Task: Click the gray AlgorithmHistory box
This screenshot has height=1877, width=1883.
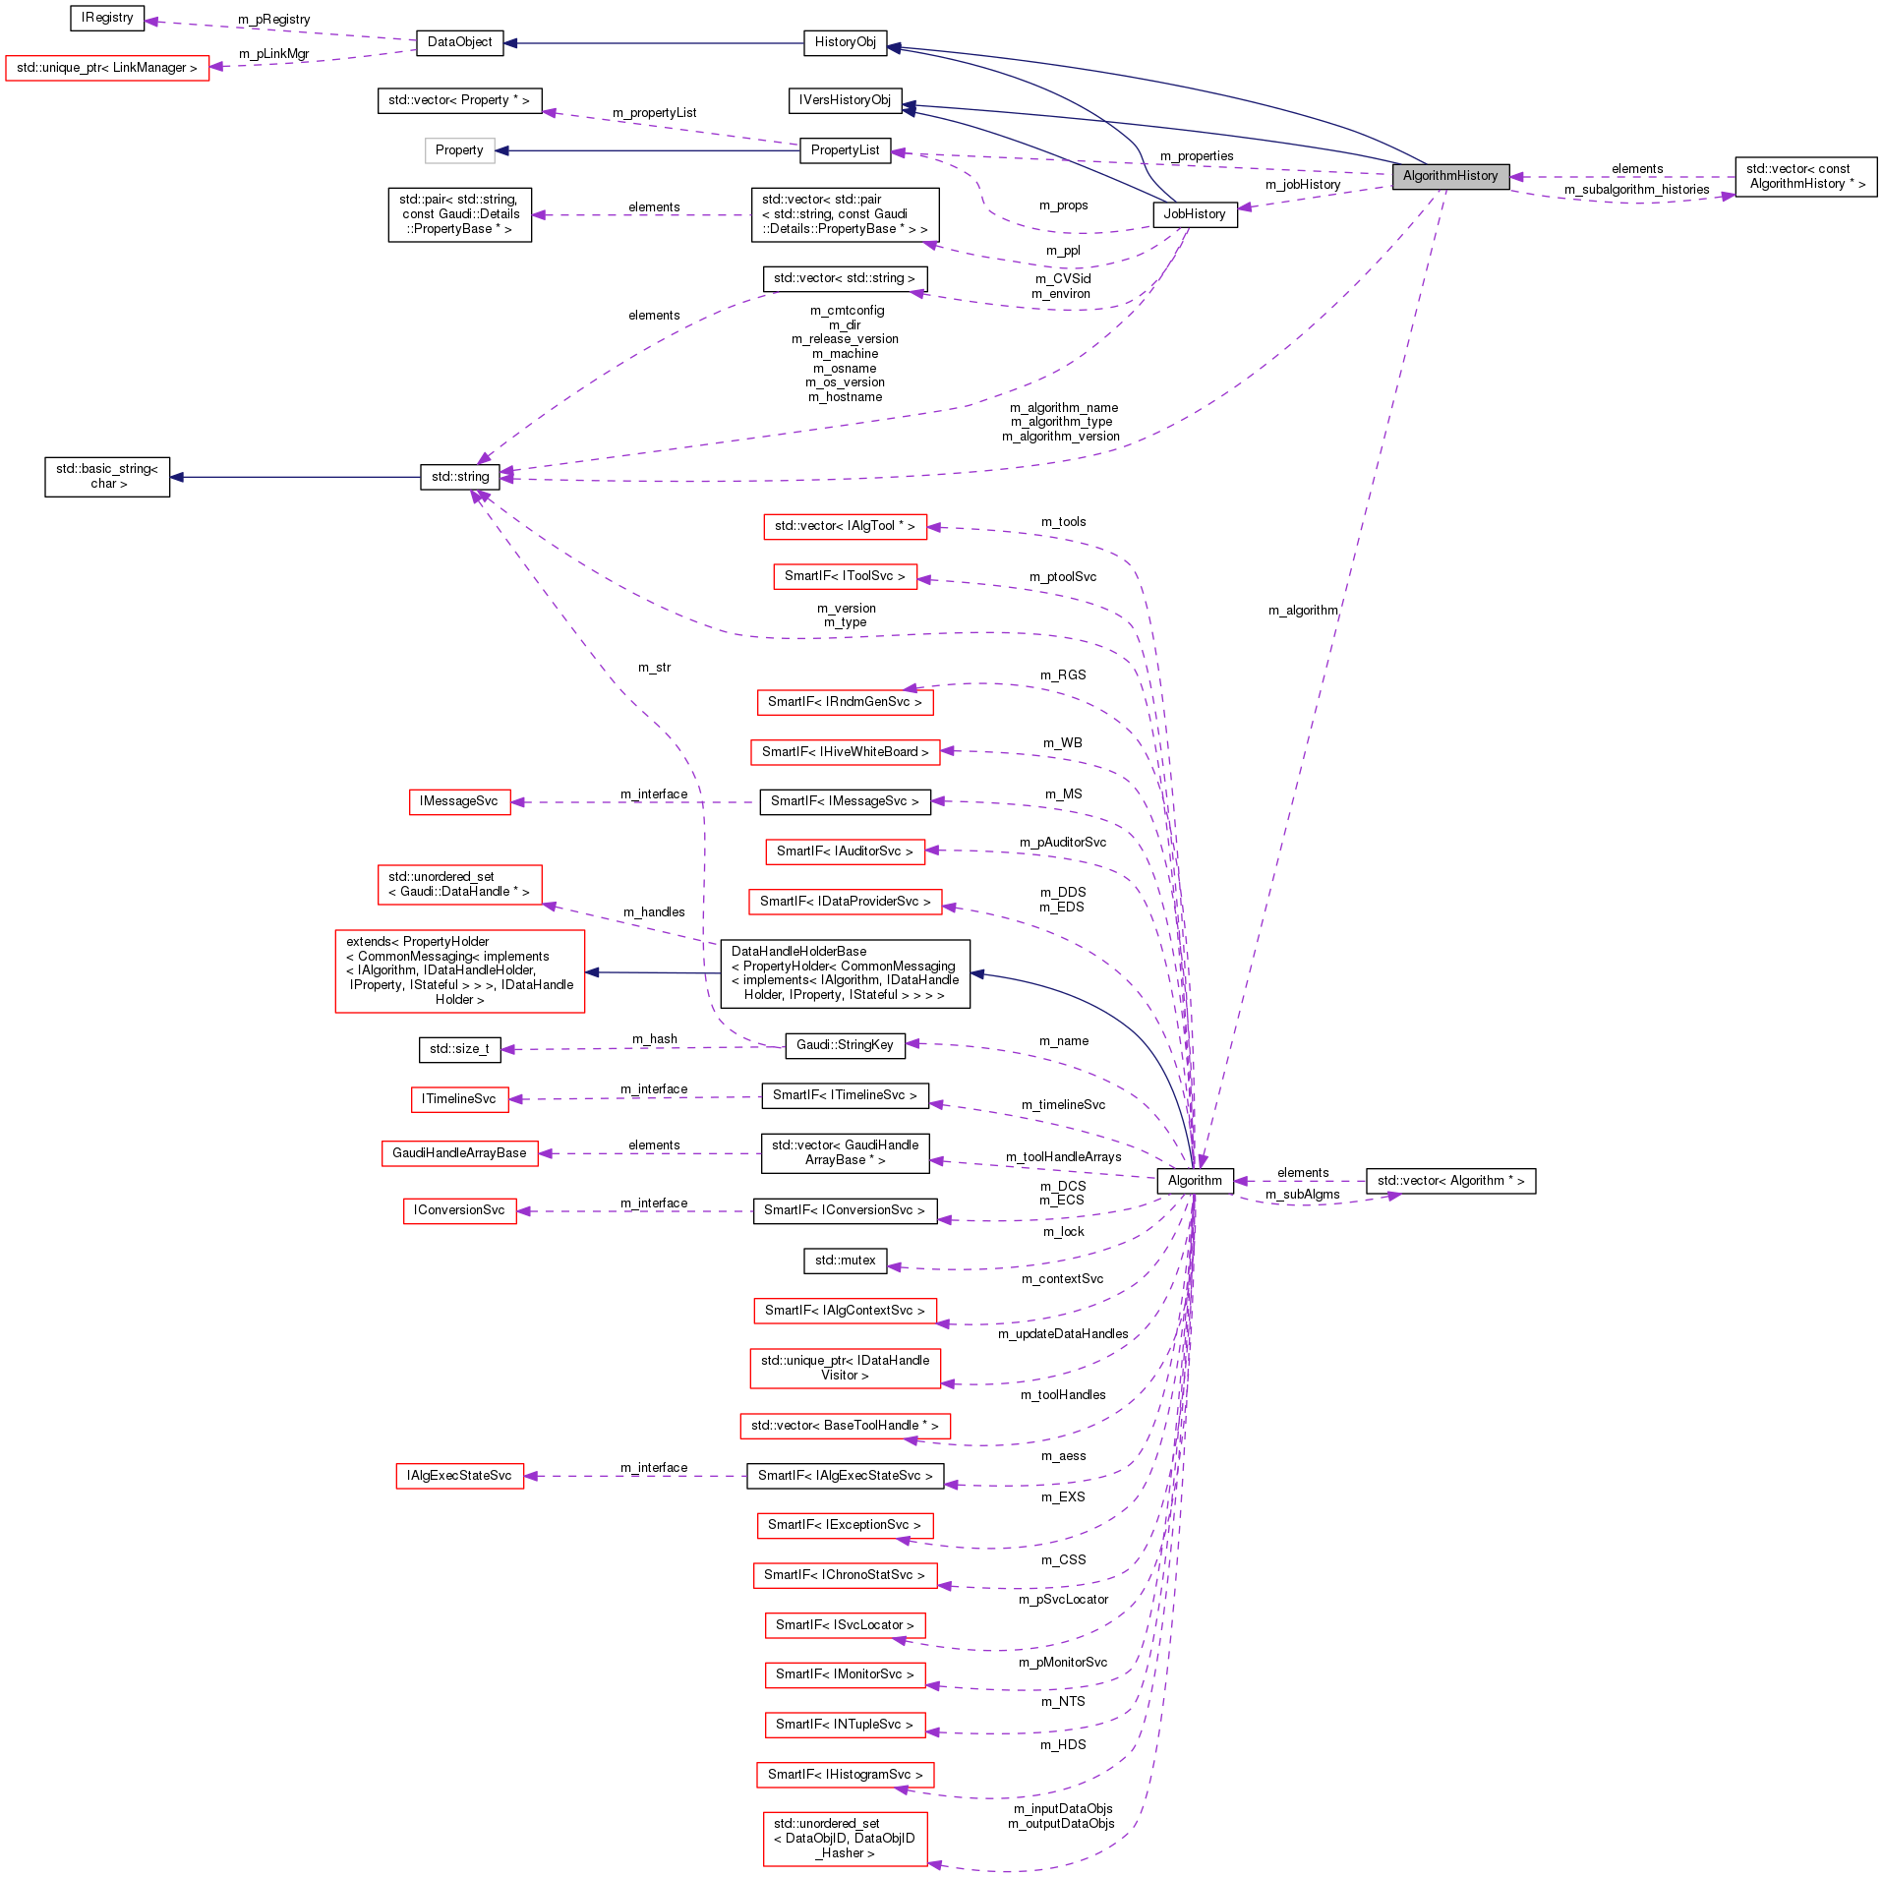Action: tap(1450, 176)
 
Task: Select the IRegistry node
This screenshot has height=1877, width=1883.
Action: tap(107, 18)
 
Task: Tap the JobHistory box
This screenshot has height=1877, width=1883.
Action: tap(1194, 214)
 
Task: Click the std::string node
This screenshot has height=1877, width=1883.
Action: tap(459, 477)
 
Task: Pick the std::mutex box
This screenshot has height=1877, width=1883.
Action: tap(845, 1261)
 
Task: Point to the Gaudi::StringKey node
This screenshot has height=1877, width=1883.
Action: tap(845, 1045)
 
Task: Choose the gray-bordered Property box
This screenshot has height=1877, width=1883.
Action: tap(459, 150)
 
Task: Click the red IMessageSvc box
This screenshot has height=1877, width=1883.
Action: tap(459, 801)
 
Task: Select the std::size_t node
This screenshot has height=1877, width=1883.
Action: tap(459, 1049)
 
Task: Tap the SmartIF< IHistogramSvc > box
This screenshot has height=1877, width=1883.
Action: tap(845, 1775)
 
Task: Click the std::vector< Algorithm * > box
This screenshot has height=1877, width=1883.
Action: tap(1450, 1181)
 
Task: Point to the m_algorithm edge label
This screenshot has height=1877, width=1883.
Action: tap(1302, 611)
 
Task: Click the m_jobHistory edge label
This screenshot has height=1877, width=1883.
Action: tap(1302, 185)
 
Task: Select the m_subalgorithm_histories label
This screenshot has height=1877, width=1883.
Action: tap(1636, 190)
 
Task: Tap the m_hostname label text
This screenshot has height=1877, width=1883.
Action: tap(845, 397)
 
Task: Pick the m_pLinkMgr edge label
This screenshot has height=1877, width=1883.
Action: tap(273, 54)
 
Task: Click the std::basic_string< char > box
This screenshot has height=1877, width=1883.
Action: tap(107, 477)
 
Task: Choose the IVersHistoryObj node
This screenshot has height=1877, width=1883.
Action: tap(845, 100)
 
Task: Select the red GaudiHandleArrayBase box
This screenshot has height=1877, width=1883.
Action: tap(459, 1153)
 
